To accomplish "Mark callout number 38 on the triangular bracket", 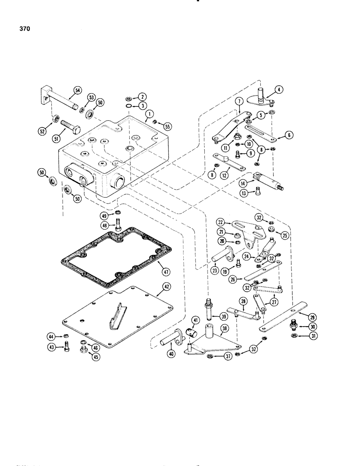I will click(226, 328).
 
